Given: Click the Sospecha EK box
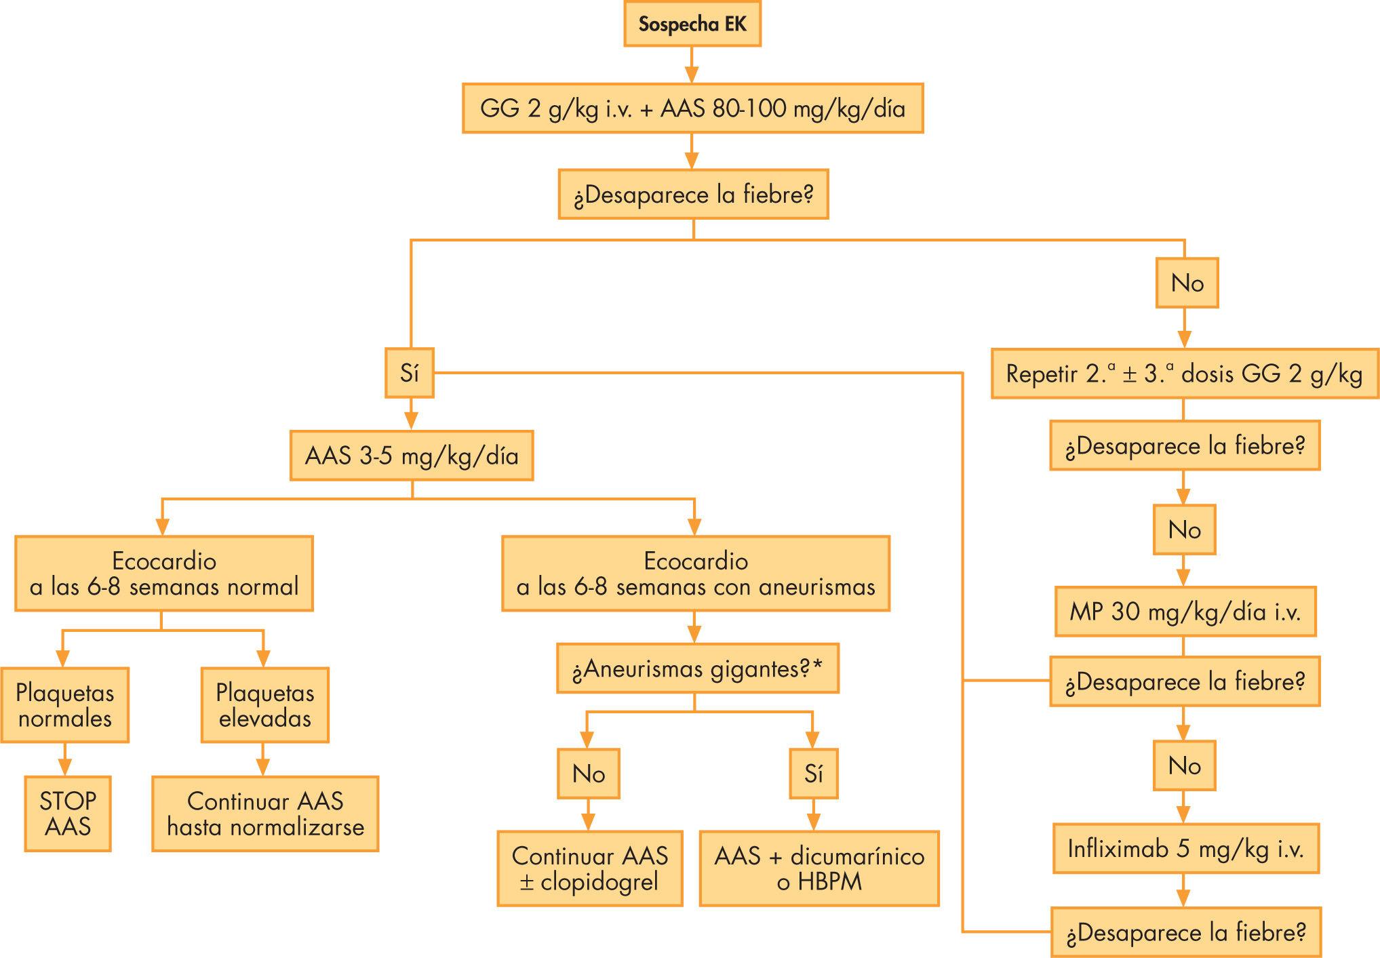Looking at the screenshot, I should (x=692, y=25).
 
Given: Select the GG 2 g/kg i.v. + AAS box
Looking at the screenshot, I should (x=692, y=108).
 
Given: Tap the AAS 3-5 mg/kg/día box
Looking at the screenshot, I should (x=411, y=456).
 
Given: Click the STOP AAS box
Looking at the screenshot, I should (x=67, y=813).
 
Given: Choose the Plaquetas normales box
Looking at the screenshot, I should (x=64, y=705).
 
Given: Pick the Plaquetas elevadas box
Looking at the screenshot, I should (x=264, y=705).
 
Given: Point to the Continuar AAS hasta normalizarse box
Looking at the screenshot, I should (x=265, y=813).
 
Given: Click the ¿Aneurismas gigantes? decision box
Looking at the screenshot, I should (x=697, y=668).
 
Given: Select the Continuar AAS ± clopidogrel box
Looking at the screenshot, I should (x=589, y=868).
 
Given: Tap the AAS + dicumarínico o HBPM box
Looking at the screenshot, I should (x=819, y=868).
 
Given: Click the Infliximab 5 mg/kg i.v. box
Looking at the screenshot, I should (x=1185, y=848).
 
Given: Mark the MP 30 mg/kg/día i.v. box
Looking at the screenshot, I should (x=1185, y=612).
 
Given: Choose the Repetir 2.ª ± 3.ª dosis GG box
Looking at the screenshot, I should (x=1184, y=374).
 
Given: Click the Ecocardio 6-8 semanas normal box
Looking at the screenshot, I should (x=163, y=574).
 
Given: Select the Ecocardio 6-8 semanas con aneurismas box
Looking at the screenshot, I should (x=695, y=574).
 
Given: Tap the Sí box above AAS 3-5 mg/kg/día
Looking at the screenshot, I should (x=409, y=373).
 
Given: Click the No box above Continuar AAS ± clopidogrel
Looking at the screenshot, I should (x=588, y=774).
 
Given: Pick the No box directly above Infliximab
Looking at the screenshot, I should (x=1184, y=765).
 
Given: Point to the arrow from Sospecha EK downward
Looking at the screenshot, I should (x=691, y=65).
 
